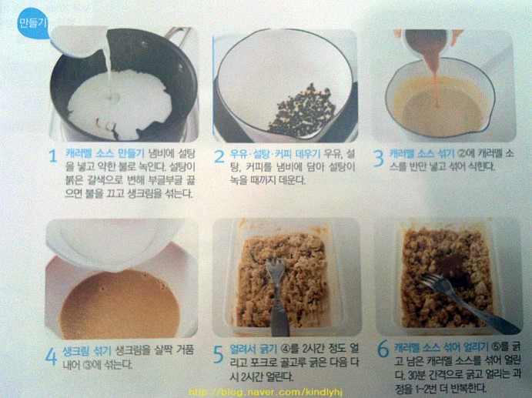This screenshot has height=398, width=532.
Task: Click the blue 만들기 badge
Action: (32, 23)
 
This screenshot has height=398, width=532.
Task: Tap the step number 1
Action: (52, 156)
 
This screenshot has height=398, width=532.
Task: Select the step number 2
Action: (219, 156)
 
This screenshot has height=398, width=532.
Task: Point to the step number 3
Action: (378, 158)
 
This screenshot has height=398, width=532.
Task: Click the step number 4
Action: (52, 356)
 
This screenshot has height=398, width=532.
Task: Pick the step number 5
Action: (219, 355)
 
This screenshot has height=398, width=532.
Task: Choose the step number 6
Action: (383, 349)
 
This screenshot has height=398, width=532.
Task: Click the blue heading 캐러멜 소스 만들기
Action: (105, 153)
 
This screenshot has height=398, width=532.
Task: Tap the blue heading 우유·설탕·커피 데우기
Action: (275, 154)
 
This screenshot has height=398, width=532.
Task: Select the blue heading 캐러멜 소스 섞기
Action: (422, 154)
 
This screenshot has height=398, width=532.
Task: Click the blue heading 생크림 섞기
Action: (87, 350)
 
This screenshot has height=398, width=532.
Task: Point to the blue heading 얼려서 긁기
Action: (253, 348)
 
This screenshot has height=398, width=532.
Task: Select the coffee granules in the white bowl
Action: (302, 110)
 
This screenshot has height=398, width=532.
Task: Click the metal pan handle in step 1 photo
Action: (178, 35)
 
